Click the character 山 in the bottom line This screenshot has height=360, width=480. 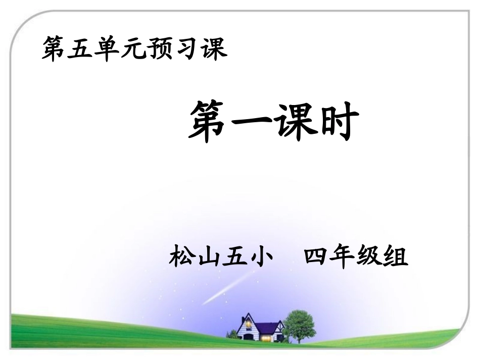point(209,258)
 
